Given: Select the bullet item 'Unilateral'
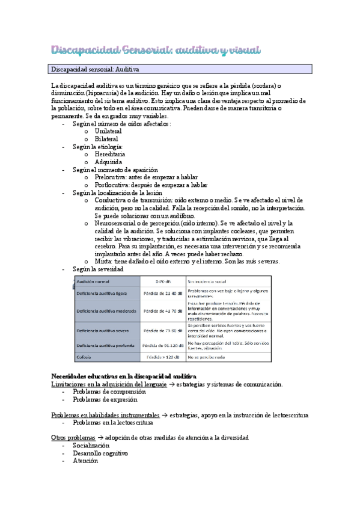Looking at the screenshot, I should tap(108, 131).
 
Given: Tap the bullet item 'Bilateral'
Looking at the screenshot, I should tap(106, 138).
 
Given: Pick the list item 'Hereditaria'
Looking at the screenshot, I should tap(110, 154).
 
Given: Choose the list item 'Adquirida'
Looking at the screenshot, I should tap(108, 162).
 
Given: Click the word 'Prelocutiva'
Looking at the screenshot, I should tap(111, 177).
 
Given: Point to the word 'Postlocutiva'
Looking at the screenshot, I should tap(112, 185).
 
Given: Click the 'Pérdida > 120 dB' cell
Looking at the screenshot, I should tap(163, 357).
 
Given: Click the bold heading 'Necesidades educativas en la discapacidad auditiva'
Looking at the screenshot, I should tap(124, 376).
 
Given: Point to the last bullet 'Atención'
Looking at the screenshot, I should tap(85, 461).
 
